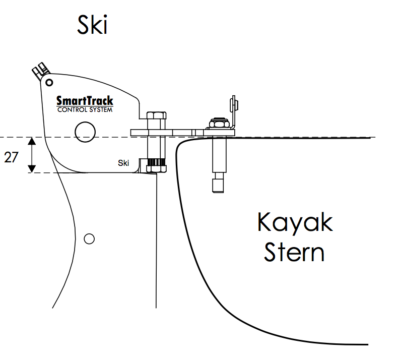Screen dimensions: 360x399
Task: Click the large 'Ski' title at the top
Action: point(92,24)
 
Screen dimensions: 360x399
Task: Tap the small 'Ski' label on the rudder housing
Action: point(123,163)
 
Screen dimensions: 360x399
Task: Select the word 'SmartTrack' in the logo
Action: point(85,101)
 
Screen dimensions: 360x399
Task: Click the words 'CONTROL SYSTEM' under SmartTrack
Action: point(85,110)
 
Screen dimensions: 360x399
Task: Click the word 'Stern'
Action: point(294,252)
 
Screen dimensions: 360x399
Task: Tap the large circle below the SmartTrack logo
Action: point(85,132)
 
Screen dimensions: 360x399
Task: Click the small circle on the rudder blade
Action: point(89,238)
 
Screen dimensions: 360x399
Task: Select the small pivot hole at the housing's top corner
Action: point(49,81)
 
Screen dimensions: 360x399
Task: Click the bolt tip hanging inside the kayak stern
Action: point(218,184)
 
